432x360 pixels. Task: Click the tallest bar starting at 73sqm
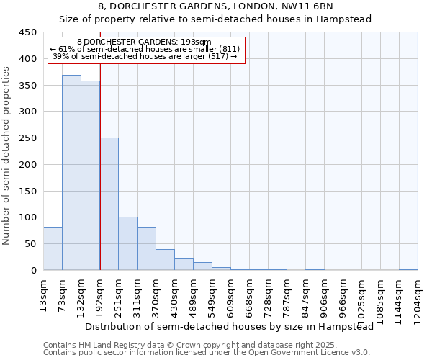pyautogui.click(x=71, y=173)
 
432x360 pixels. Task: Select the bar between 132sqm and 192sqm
pyautogui.click(x=90, y=176)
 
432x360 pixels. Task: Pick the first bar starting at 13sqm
pyautogui.click(x=53, y=248)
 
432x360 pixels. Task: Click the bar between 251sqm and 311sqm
pyautogui.click(x=127, y=243)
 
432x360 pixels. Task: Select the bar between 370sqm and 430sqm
pyautogui.click(x=165, y=260)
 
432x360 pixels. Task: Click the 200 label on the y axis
pyautogui.click(x=27, y=165)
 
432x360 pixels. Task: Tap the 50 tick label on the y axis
pyautogui.click(x=30, y=244)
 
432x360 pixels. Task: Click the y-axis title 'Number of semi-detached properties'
pyautogui.click(x=7, y=156)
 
